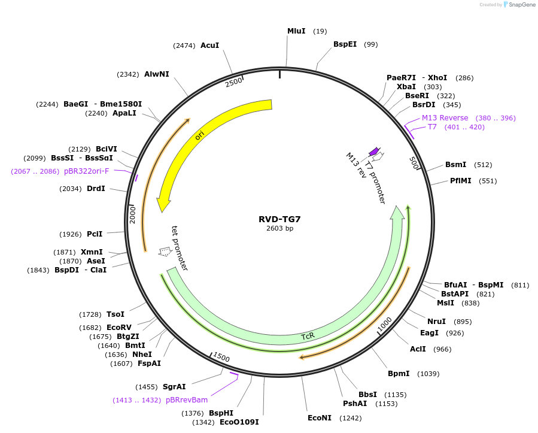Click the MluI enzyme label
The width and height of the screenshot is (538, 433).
tap(296, 31)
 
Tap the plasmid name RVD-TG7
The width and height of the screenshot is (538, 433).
tap(279, 219)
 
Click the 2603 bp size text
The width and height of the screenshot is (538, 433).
tap(279, 228)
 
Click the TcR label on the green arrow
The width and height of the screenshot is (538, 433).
tap(308, 337)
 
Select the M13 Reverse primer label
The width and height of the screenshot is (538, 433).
tap(445, 118)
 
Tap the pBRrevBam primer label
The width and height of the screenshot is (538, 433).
tap(187, 400)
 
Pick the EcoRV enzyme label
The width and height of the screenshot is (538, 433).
tap(118, 328)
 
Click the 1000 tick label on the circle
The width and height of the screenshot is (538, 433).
tap(385, 323)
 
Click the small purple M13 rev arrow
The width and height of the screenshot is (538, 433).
tap(374, 152)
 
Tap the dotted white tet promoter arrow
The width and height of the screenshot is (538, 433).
tap(164, 252)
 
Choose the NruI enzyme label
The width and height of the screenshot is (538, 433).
tap(436, 322)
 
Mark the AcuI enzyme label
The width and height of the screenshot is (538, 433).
tap(209, 46)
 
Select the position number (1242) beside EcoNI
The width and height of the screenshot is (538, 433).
tap(350, 418)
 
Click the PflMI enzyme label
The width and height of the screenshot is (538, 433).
tap(461, 181)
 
